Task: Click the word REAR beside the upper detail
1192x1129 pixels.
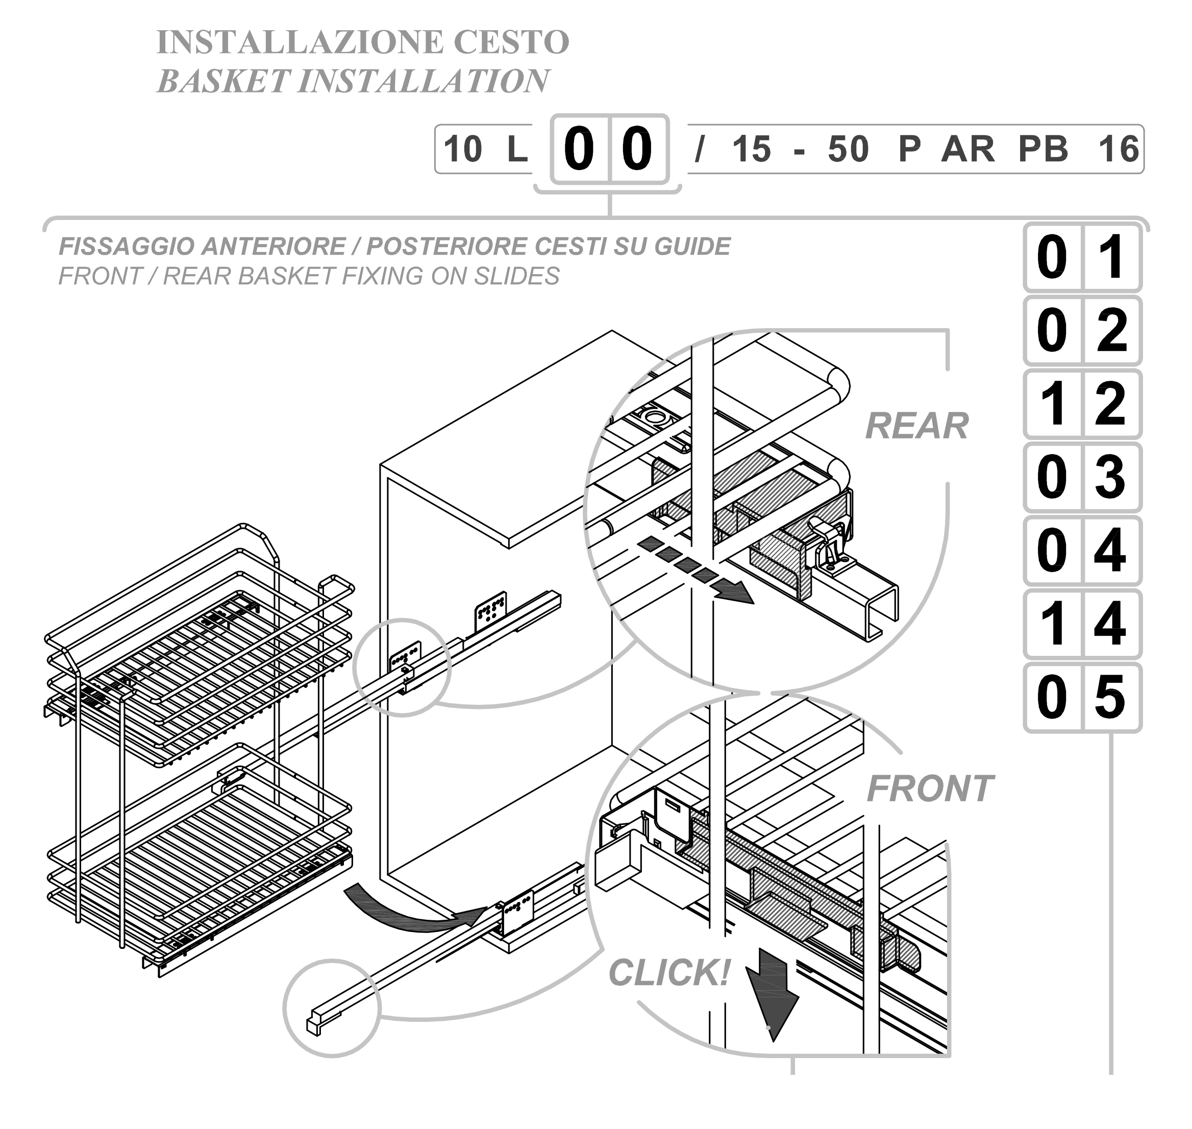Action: pyautogui.click(x=916, y=427)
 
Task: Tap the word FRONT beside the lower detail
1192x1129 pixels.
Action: pyautogui.click(x=930, y=789)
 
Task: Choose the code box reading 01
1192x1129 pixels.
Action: pyautogui.click(x=1082, y=257)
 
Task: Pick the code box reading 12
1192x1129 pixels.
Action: pyautogui.click(x=1082, y=404)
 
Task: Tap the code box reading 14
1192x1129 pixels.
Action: pyautogui.click(x=1082, y=624)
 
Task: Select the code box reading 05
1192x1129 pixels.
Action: pyautogui.click(x=1082, y=698)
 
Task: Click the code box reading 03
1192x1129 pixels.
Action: pyautogui.click(x=1082, y=477)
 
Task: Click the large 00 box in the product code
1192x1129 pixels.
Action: pyautogui.click(x=610, y=149)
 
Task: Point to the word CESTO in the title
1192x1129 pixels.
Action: pyautogui.click(x=511, y=42)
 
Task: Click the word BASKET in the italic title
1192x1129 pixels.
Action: pyautogui.click(x=223, y=81)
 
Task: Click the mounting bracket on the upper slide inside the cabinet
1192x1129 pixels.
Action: pyautogui.click(x=490, y=611)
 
